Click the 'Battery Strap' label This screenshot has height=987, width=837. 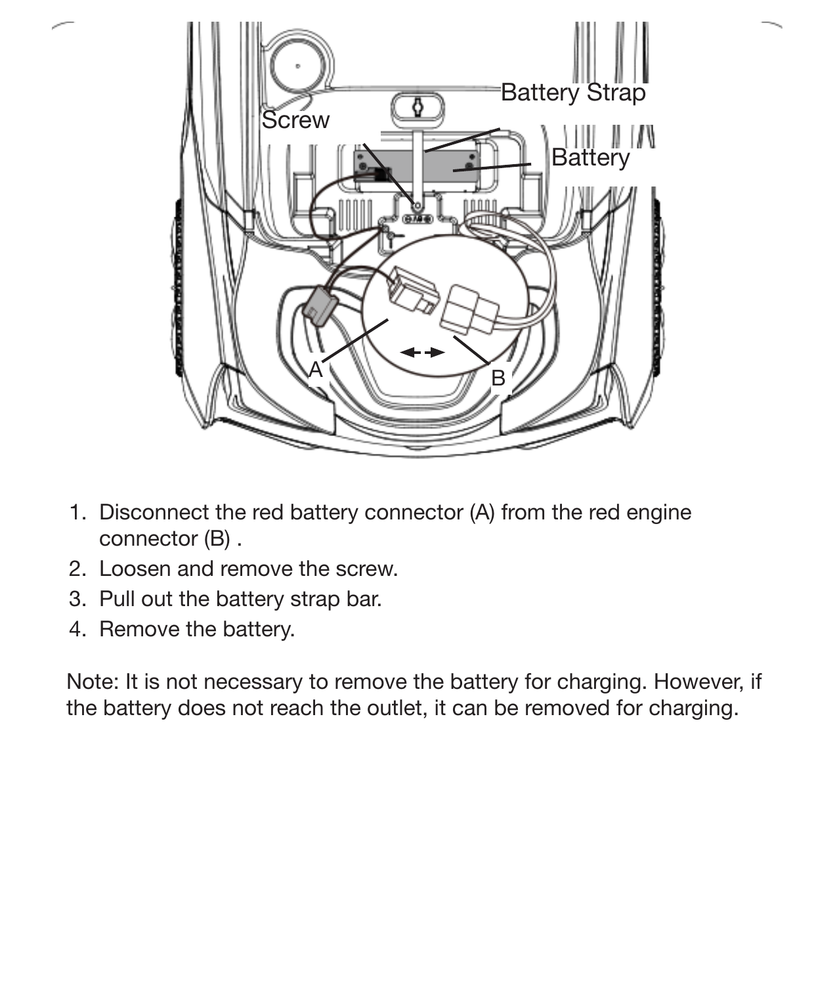pyautogui.click(x=572, y=93)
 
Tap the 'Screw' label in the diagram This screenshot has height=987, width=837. pyautogui.click(x=295, y=120)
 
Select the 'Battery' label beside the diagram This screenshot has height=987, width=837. pyautogui.click(x=590, y=158)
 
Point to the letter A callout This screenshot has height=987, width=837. pyautogui.click(x=316, y=370)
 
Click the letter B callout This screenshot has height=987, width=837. pyautogui.click(x=498, y=378)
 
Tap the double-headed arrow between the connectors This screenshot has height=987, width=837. pyautogui.click(x=422, y=353)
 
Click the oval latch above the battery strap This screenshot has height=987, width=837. pyautogui.click(x=418, y=108)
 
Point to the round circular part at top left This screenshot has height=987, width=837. pyautogui.click(x=298, y=66)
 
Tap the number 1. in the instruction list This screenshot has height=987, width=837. pyautogui.click(x=77, y=512)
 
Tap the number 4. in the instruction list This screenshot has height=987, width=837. pyautogui.click(x=77, y=629)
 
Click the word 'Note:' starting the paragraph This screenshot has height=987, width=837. pyautogui.click(x=92, y=682)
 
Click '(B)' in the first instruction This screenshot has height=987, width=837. pyautogui.click(x=217, y=539)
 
